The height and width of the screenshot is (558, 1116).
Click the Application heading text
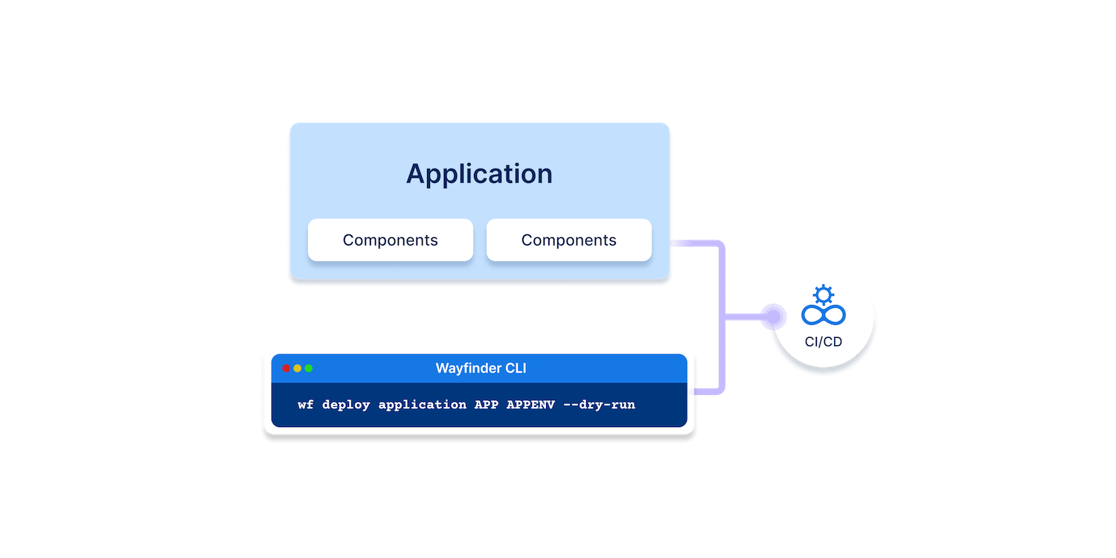click(x=479, y=174)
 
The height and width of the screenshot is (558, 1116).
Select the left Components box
click(x=391, y=240)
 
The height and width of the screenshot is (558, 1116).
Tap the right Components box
click(x=569, y=240)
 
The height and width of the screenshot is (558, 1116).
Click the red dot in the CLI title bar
click(x=286, y=368)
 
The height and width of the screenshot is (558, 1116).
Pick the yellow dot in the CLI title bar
click(x=298, y=368)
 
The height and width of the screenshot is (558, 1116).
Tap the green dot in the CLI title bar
click(x=309, y=368)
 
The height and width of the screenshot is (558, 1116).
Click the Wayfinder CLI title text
click(x=481, y=368)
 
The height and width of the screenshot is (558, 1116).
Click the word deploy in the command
click(x=346, y=405)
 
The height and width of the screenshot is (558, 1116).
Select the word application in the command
click(x=423, y=405)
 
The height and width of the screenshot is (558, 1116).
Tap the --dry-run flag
click(x=600, y=405)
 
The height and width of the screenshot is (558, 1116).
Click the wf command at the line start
click(x=306, y=405)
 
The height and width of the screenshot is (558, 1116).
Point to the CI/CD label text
click(x=824, y=342)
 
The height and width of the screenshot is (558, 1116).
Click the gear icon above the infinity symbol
click(x=824, y=295)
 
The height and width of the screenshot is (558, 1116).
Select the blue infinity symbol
click(x=824, y=315)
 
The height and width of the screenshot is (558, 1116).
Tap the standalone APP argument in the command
click(x=487, y=405)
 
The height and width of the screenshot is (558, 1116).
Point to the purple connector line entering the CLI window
click(x=710, y=391)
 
